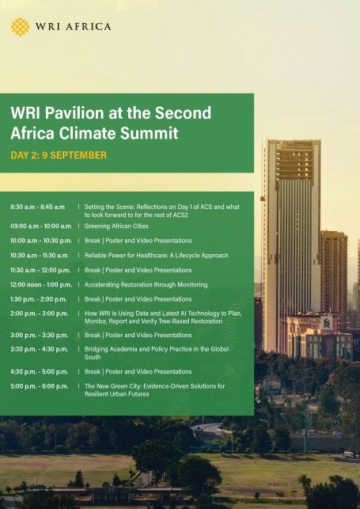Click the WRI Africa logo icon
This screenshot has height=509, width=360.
[x=20, y=26]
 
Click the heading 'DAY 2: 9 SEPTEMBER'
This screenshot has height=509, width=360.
[x=59, y=155]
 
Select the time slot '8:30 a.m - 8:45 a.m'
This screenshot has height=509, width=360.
[x=37, y=206]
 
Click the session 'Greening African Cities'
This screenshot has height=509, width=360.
[x=116, y=226]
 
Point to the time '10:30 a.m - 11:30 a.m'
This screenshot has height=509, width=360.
[x=39, y=256]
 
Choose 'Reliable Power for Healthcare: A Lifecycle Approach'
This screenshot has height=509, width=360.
[x=156, y=256]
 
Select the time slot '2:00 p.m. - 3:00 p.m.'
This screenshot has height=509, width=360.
[x=39, y=314]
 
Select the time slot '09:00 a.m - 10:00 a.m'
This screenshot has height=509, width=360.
[x=40, y=226]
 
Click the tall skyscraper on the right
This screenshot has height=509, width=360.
[x=292, y=237]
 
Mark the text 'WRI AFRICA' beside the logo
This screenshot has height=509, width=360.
[x=74, y=26]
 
